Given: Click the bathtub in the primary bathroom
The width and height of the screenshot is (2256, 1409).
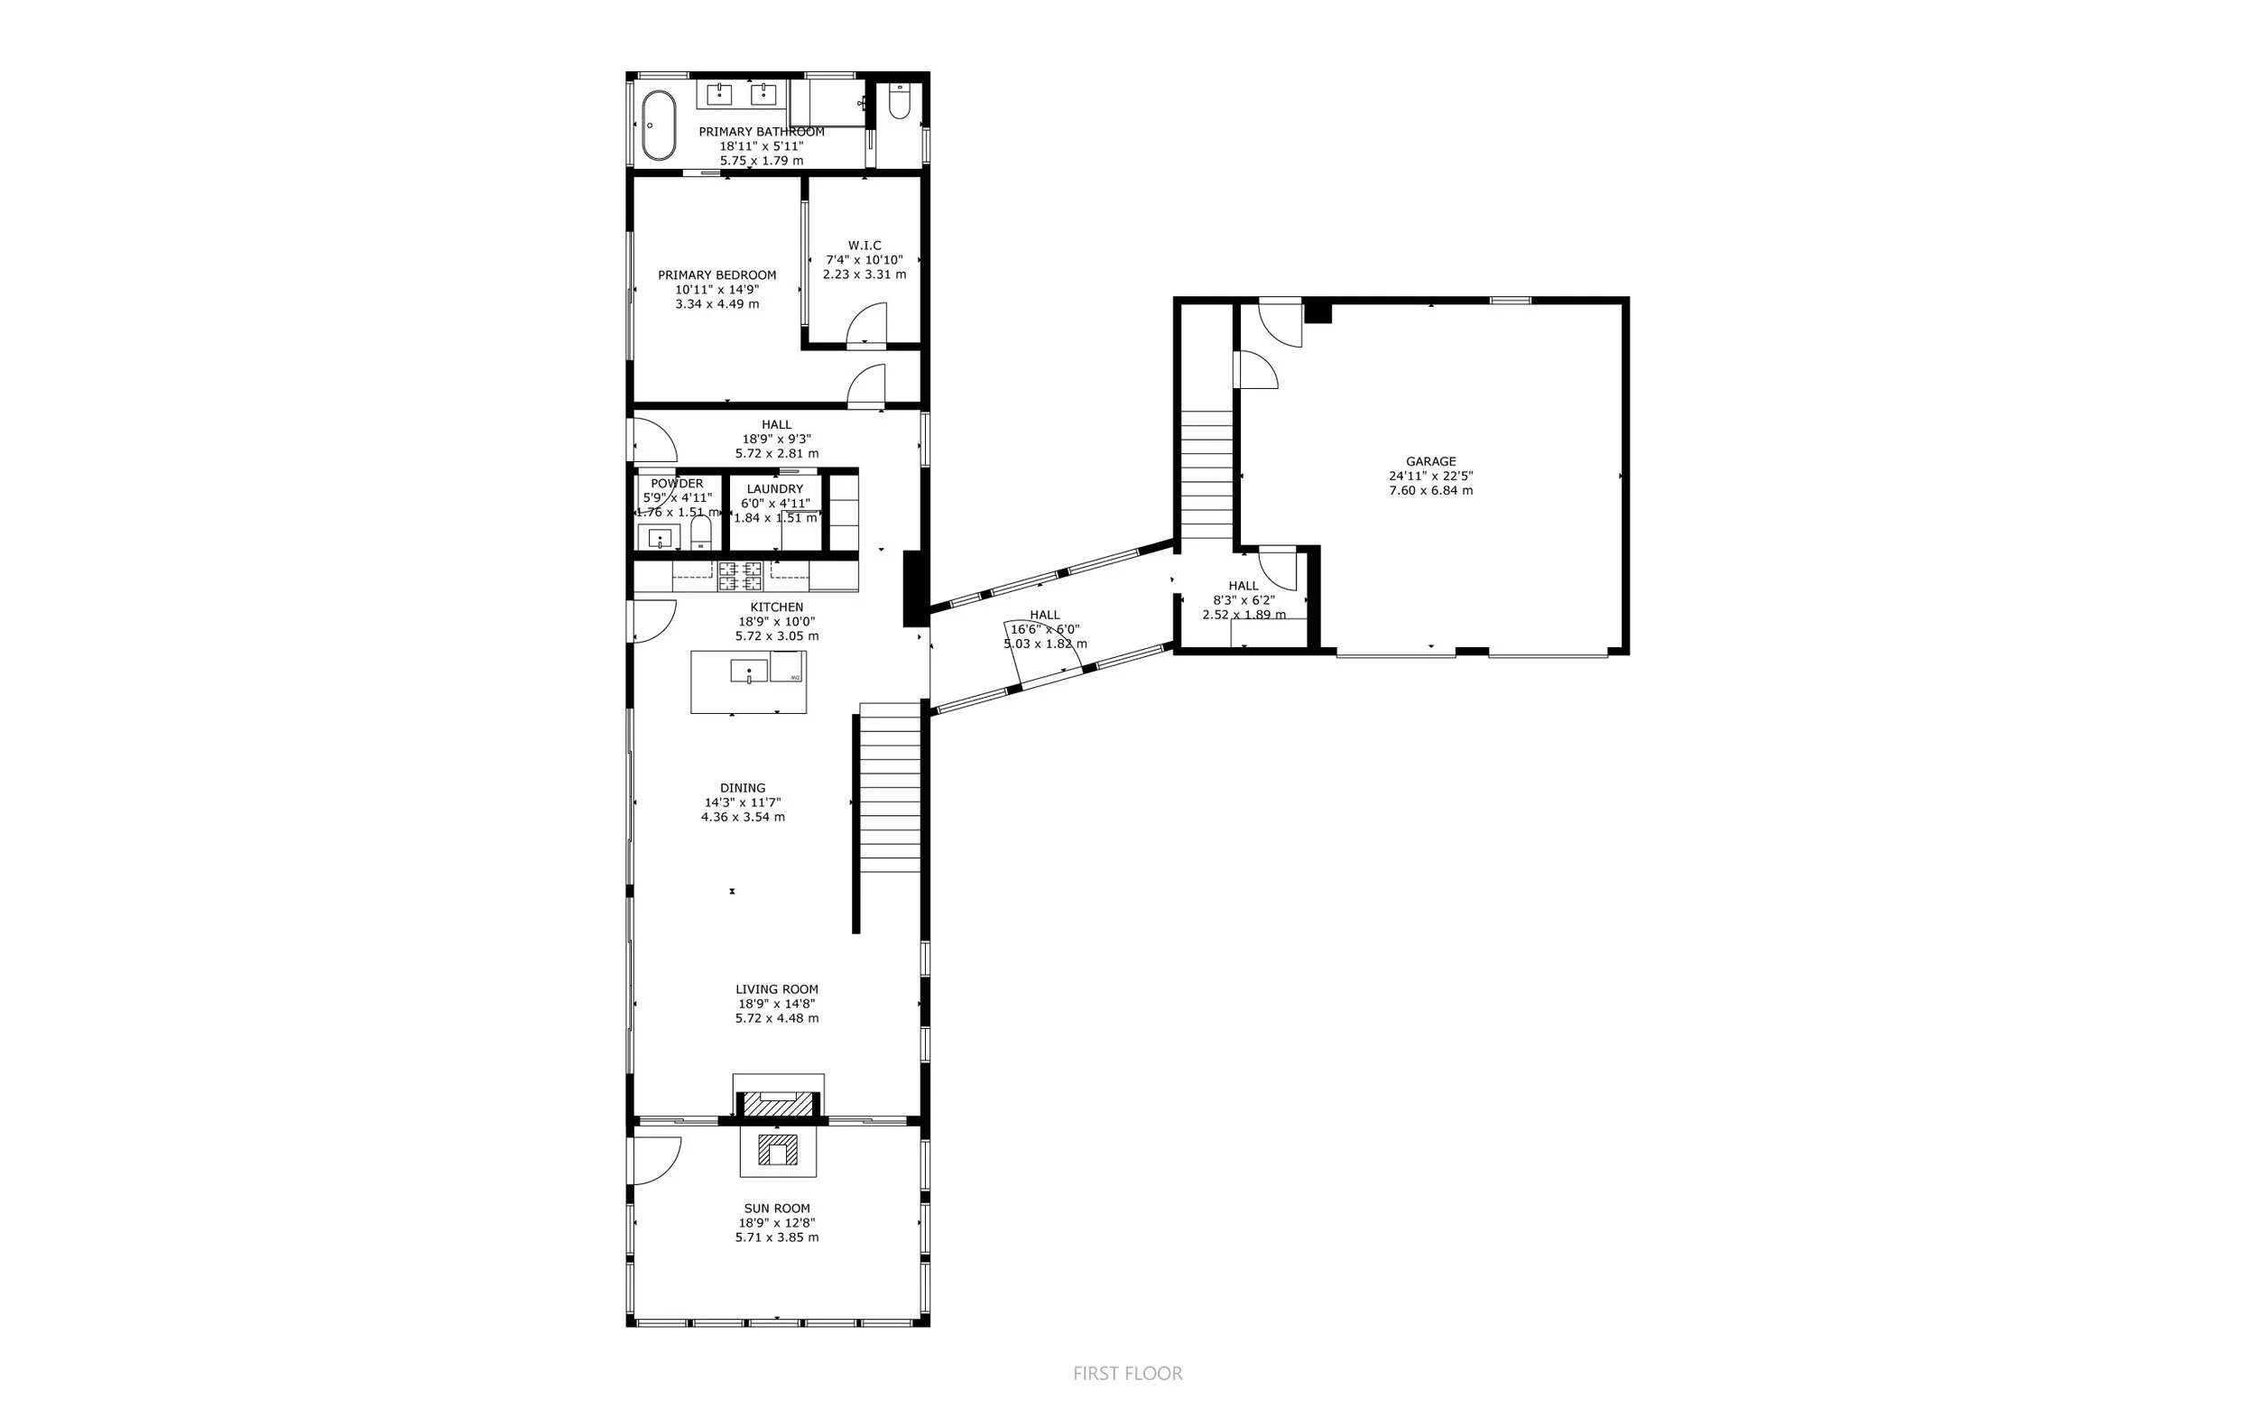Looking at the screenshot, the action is pyautogui.click(x=660, y=125).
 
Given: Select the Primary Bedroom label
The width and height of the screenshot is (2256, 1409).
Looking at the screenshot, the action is pyautogui.click(x=717, y=275).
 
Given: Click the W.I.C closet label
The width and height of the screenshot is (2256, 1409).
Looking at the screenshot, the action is pyautogui.click(x=864, y=246).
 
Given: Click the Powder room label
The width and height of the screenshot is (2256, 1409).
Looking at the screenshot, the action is pyautogui.click(x=677, y=484).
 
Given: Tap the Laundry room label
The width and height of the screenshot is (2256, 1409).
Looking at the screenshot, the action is pyautogui.click(x=775, y=489).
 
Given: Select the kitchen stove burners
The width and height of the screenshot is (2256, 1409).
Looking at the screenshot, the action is pyautogui.click(x=741, y=576).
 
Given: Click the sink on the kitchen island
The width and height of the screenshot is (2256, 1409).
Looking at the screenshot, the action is pyautogui.click(x=749, y=671).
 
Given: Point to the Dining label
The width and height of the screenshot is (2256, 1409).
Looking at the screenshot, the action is pyautogui.click(x=743, y=788).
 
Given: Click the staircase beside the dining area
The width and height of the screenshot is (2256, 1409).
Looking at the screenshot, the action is pyautogui.click(x=890, y=787).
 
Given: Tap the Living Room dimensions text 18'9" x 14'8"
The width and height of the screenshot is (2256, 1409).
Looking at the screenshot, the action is pyautogui.click(x=777, y=1004).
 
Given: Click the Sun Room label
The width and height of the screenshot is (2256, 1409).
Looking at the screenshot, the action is pyautogui.click(x=777, y=1209).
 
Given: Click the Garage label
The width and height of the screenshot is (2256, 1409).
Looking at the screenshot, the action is pyautogui.click(x=1430, y=461).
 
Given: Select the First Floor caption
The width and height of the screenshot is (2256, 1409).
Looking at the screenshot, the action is pyautogui.click(x=1128, y=1374).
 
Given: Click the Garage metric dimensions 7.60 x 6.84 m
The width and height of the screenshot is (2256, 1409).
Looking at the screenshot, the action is pyautogui.click(x=1430, y=490).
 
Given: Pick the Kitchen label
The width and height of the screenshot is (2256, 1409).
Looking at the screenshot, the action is pyautogui.click(x=777, y=607).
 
